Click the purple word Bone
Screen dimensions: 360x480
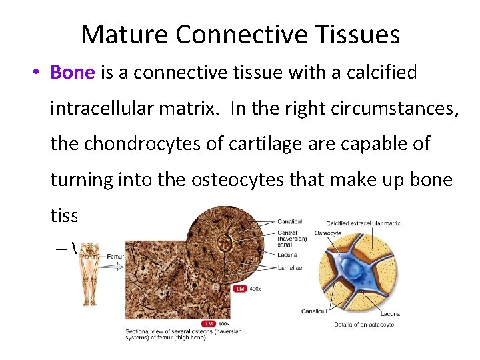[73, 72]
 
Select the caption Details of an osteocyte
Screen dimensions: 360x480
[364, 325]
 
